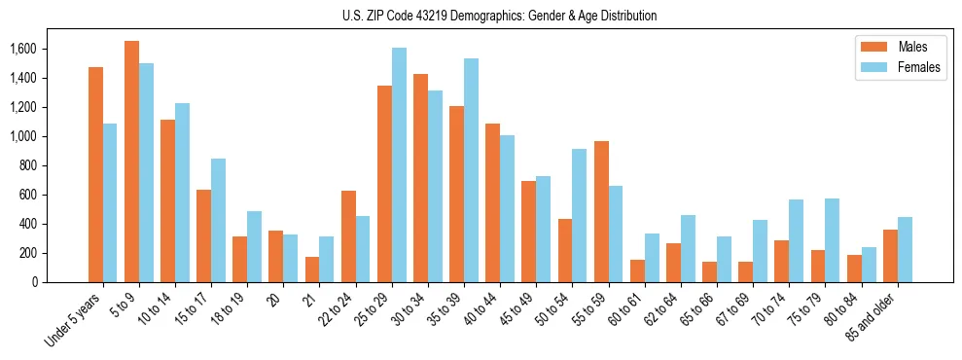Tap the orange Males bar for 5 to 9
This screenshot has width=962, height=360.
131,162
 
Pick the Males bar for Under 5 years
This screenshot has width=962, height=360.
95,175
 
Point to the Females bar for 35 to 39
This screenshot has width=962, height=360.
471,170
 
